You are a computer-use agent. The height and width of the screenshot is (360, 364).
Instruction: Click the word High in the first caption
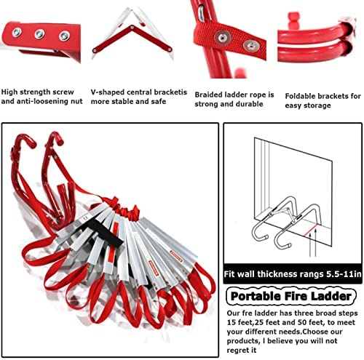[x=12, y=92]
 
